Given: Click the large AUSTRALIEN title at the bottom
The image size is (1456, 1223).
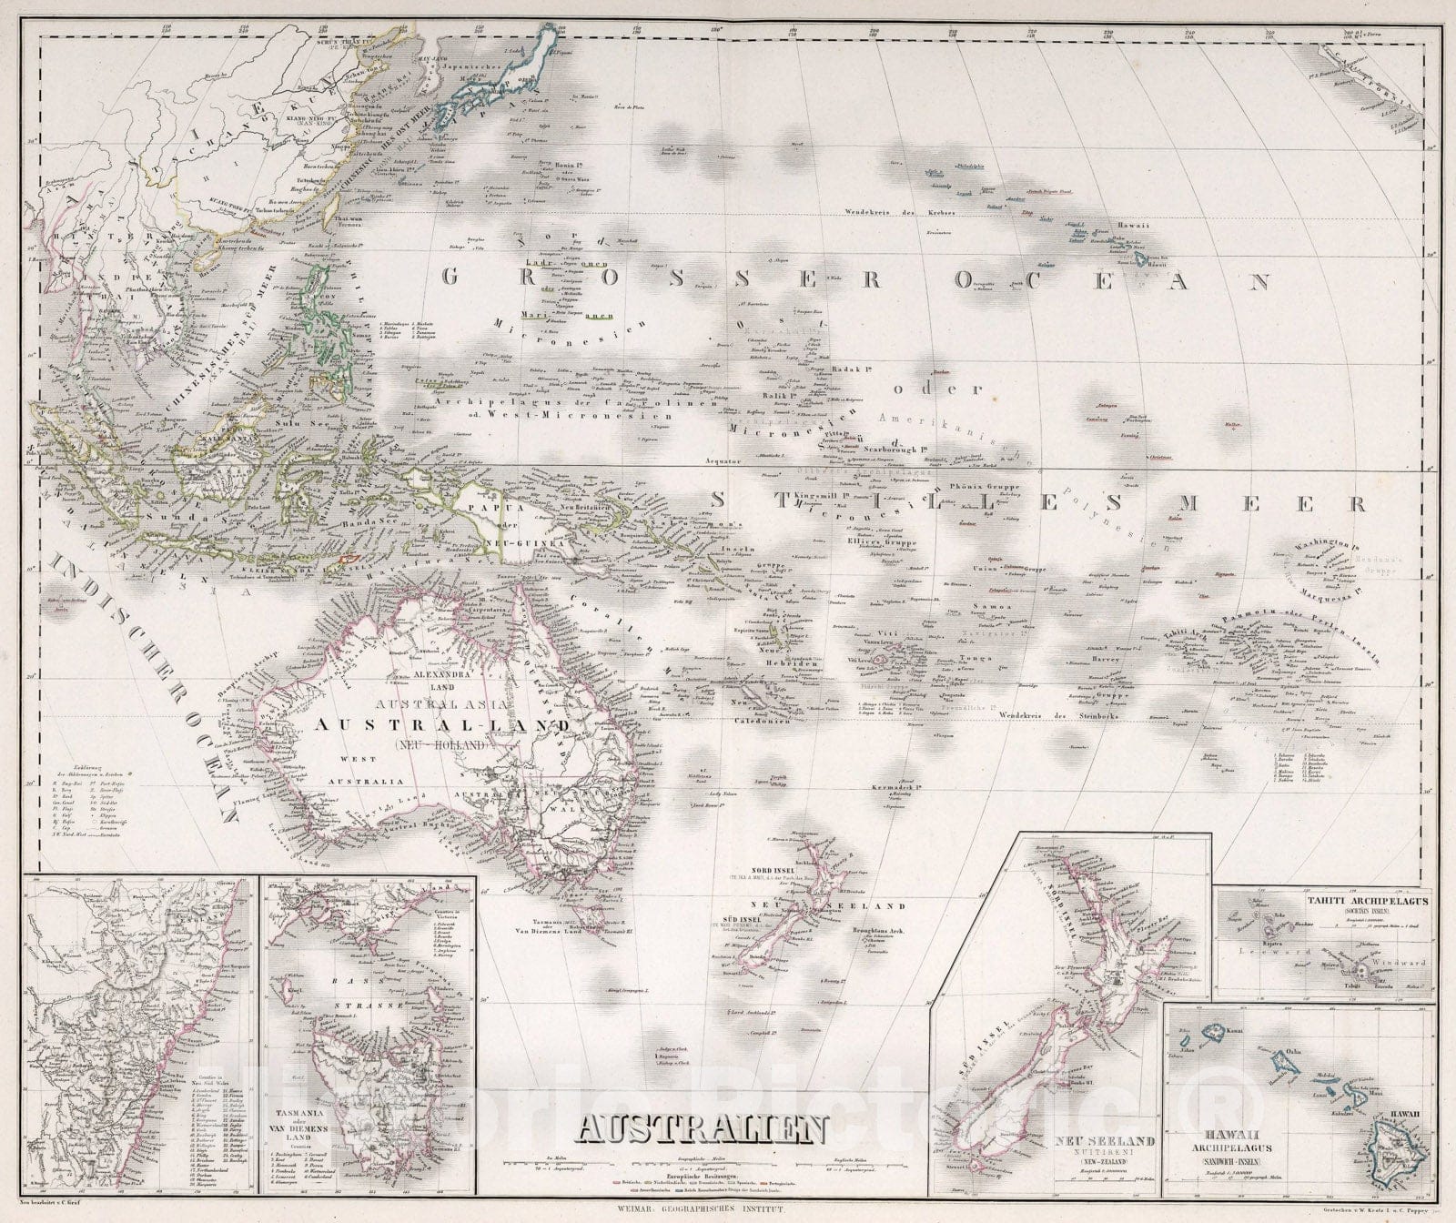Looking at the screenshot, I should pos(703,1130).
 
